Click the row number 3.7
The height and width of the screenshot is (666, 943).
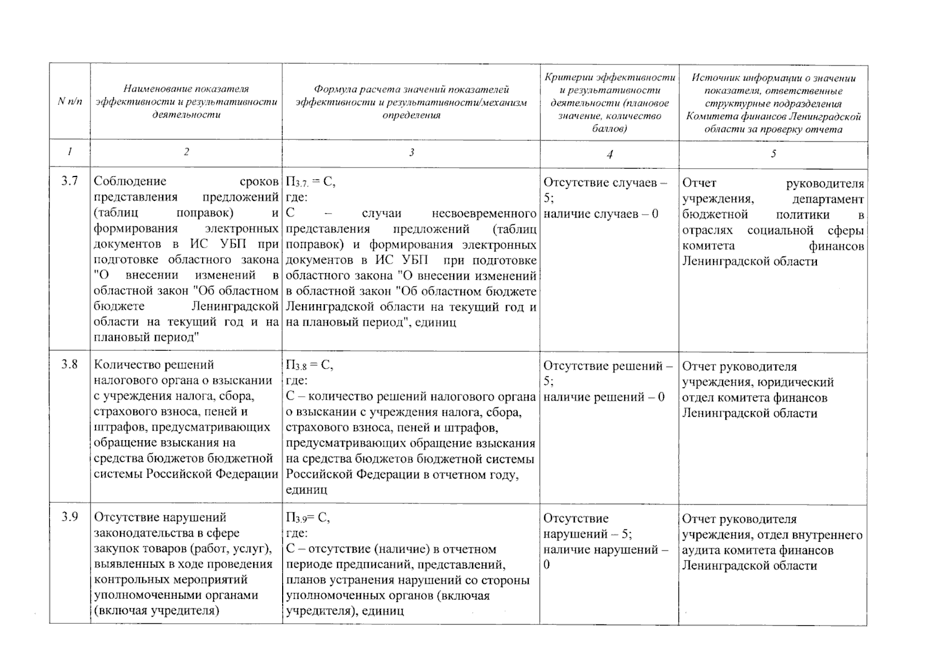(x=69, y=181)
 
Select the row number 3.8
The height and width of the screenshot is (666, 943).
(x=69, y=364)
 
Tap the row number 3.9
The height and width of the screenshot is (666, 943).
(x=69, y=517)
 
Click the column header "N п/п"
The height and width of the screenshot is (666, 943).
(x=70, y=102)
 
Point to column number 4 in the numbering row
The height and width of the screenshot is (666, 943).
(x=609, y=154)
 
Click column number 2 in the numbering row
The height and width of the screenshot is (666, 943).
(x=186, y=152)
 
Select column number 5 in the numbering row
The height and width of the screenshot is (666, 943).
(x=773, y=154)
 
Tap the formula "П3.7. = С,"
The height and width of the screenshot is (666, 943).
(x=310, y=182)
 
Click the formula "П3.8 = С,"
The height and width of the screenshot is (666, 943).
(x=309, y=365)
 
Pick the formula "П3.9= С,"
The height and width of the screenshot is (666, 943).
(x=308, y=518)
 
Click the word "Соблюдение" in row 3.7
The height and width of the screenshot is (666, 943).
(x=130, y=181)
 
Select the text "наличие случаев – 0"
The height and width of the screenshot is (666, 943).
(x=601, y=214)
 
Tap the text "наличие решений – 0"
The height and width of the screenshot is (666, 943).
(x=604, y=397)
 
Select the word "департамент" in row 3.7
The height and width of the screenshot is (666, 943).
(x=828, y=199)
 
